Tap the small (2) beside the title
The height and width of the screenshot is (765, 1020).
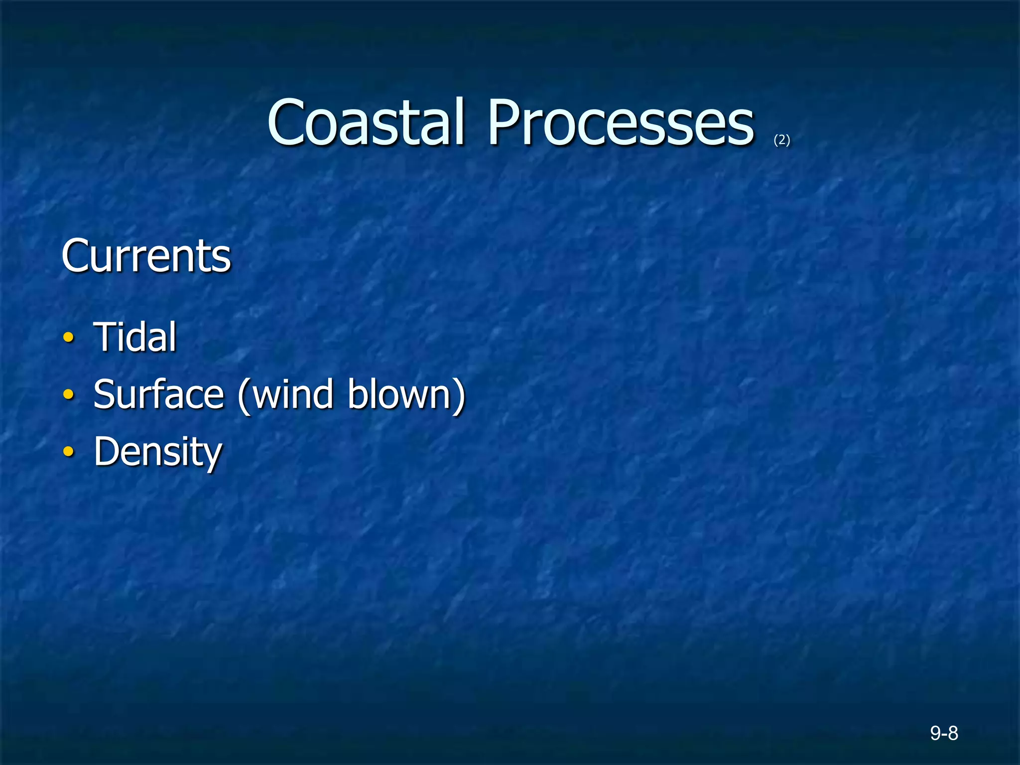[x=782, y=140]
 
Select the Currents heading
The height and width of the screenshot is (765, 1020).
[x=146, y=255]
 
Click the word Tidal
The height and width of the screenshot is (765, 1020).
[x=135, y=337]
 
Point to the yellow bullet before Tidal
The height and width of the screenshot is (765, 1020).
[x=69, y=338]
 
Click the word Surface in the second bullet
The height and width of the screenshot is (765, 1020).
[x=158, y=394]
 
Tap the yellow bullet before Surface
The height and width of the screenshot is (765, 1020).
[x=69, y=395]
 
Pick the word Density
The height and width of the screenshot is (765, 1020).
[x=158, y=452]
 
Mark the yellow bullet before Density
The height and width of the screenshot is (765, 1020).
[x=69, y=452]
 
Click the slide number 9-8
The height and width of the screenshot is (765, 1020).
[x=944, y=733]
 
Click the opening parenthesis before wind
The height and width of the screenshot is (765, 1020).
[x=244, y=395]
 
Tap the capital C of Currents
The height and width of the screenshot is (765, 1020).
[x=75, y=255]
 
